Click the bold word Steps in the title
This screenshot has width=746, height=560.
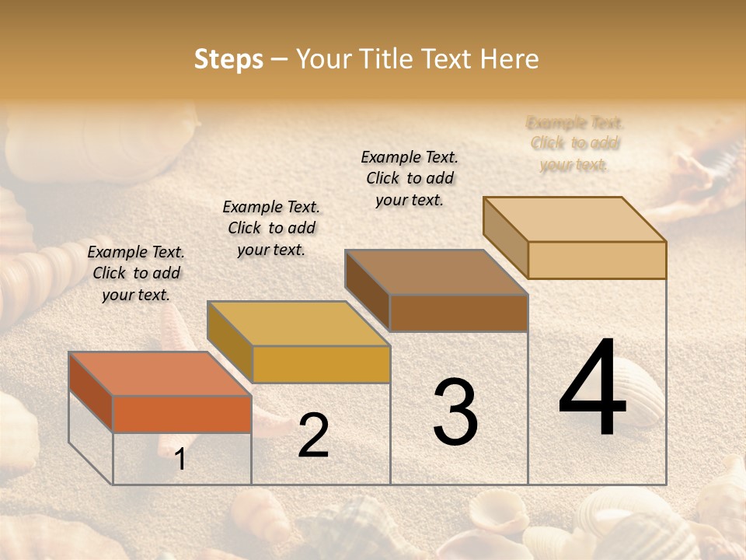(x=228, y=59)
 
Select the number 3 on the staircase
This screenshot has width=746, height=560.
(x=455, y=412)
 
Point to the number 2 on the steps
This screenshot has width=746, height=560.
(x=313, y=436)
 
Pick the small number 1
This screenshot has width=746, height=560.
(x=180, y=460)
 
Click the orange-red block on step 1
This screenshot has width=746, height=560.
(x=182, y=414)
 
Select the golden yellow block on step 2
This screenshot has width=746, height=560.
(x=320, y=364)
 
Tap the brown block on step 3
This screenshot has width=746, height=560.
(x=458, y=313)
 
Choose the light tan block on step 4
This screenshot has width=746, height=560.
(x=596, y=260)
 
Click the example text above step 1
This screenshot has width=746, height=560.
(x=136, y=273)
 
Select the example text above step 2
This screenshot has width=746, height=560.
(x=271, y=228)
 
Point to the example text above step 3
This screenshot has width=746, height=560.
(x=410, y=178)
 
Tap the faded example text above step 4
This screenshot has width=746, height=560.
(x=574, y=143)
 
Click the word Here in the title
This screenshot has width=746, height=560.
(x=510, y=59)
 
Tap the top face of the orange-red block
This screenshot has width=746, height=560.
(x=159, y=373)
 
